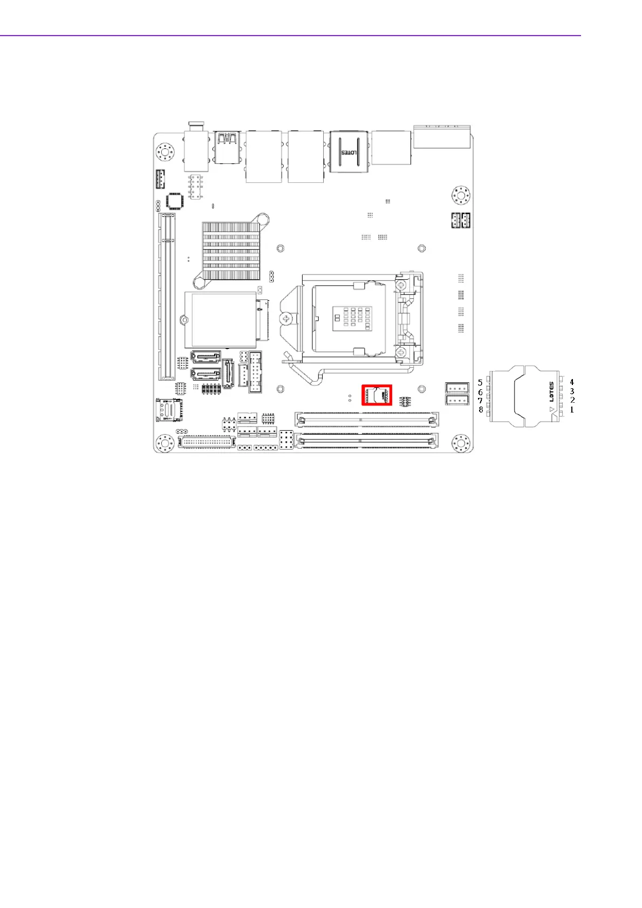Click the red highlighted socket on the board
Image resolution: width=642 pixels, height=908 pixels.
click(377, 395)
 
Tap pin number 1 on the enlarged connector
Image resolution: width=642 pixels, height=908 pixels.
click(572, 410)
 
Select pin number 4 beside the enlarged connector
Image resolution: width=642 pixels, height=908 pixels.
click(572, 382)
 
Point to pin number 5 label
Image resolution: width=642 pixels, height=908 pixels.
click(480, 383)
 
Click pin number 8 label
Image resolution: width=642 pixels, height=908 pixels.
click(481, 410)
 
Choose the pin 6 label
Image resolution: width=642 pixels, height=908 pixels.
click(480, 392)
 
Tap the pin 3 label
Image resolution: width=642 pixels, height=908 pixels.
click(572, 391)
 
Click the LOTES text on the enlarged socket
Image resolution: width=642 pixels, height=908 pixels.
click(551, 392)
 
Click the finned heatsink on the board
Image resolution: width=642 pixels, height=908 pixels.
click(231, 251)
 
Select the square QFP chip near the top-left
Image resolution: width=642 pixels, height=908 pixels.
click(174, 201)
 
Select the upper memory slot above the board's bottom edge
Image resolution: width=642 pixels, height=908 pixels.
click(366, 418)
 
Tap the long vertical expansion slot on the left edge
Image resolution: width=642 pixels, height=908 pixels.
click(167, 297)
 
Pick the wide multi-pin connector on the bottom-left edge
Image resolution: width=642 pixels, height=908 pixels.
click(207, 442)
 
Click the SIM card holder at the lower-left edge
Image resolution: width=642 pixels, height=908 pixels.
click(169, 410)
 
